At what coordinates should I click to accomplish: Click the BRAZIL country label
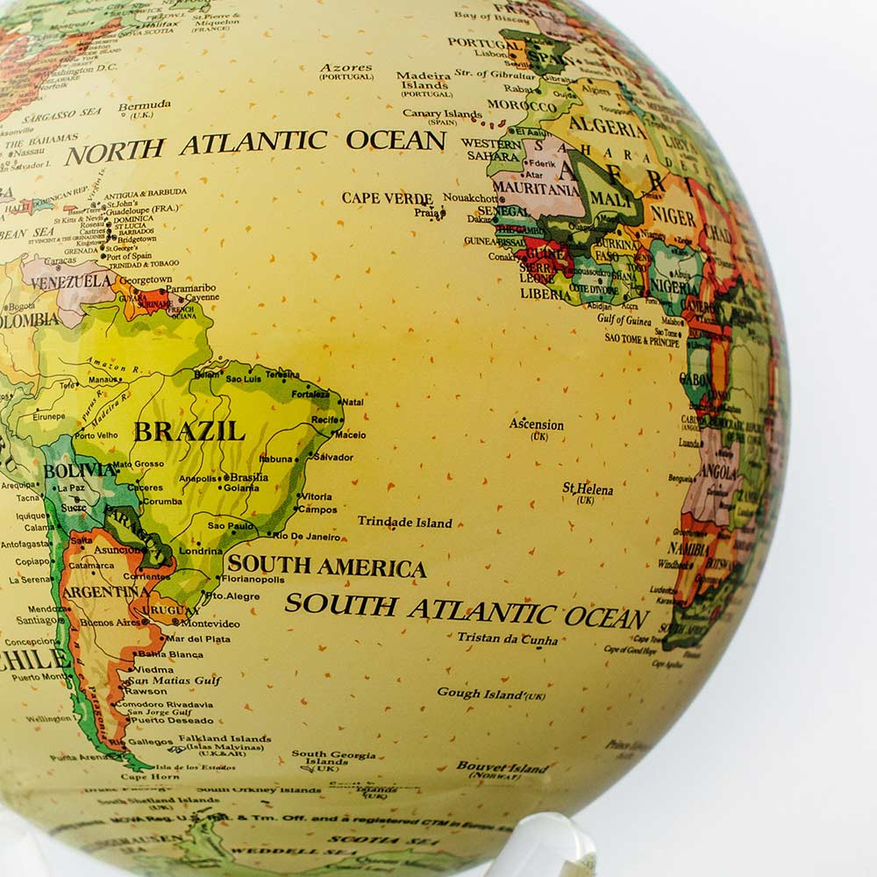point(189,431)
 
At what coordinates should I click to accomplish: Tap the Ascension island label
point(536,425)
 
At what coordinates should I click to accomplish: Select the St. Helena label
point(588,489)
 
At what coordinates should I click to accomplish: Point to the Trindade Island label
point(404,523)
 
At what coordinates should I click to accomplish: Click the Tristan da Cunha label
point(507,638)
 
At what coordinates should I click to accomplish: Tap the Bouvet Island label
point(503,766)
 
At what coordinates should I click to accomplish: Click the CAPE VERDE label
point(387,198)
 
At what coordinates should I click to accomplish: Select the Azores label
point(346,68)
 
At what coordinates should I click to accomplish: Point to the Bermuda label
point(145,106)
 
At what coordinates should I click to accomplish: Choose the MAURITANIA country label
point(536,189)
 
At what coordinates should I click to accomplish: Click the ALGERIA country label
point(608,125)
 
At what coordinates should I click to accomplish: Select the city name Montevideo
point(210,624)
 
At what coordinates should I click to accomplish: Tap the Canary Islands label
point(442,114)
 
